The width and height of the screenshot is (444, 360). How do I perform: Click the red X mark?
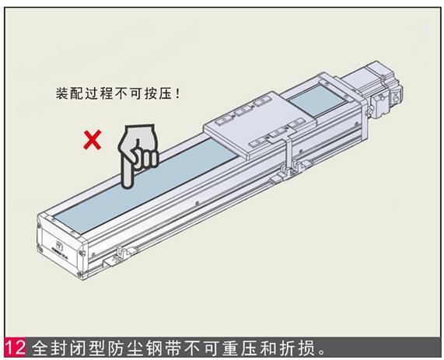coord(93,140)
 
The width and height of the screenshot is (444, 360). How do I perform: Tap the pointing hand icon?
coord(138,156)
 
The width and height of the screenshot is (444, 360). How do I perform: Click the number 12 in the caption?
coord(15,348)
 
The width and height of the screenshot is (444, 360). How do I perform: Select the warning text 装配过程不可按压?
coord(114,94)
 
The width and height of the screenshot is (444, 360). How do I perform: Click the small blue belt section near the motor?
coord(318,100)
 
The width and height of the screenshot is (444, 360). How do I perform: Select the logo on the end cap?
coord(60,245)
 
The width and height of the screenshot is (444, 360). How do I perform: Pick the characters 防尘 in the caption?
coord(125,348)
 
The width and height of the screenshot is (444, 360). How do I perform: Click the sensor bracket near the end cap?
coord(118,256)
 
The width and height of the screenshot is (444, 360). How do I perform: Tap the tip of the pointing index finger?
coord(128,186)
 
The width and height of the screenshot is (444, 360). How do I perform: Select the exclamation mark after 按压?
coord(177,94)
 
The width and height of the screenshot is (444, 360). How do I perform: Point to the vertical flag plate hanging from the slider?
coord(288,155)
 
